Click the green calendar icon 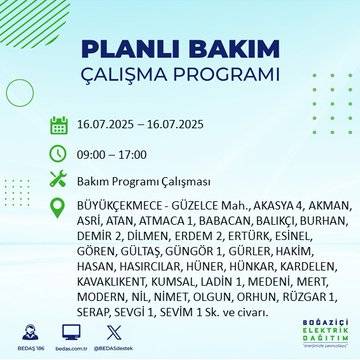click(59, 126)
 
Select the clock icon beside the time click(59, 153)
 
